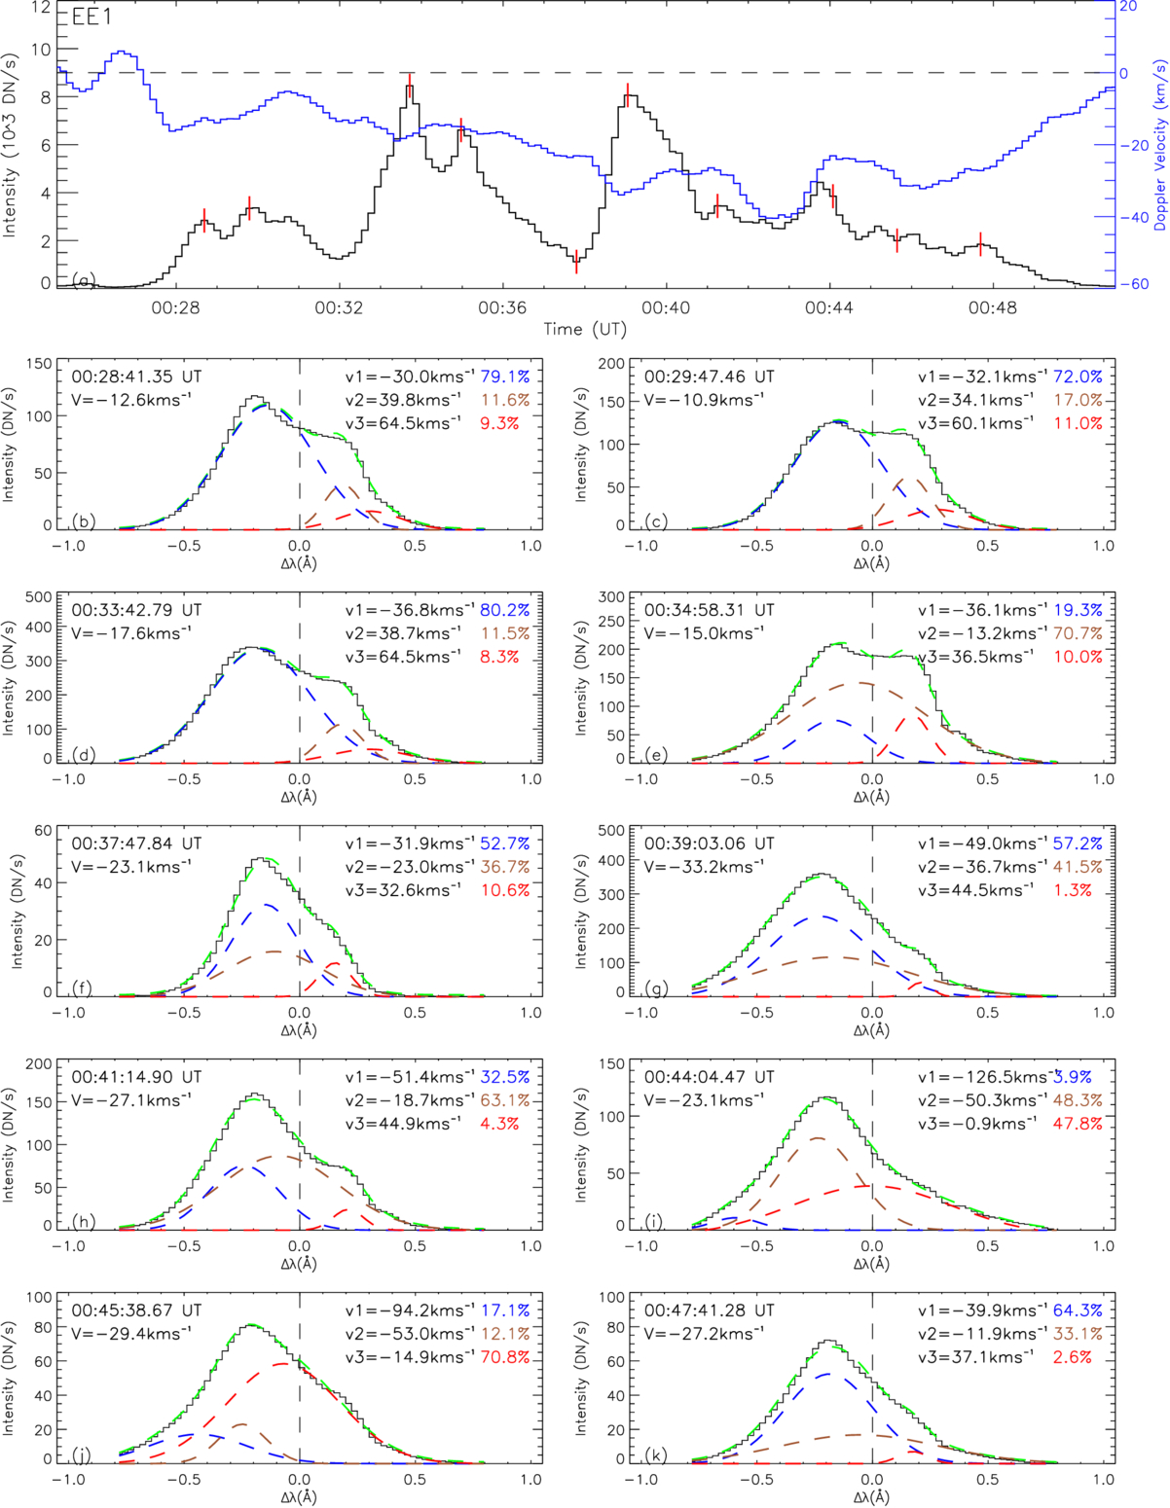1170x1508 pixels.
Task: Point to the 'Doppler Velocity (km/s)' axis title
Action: click(1159, 146)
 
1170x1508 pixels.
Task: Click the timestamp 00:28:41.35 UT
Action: click(136, 377)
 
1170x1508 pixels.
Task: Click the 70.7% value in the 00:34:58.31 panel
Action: click(1078, 633)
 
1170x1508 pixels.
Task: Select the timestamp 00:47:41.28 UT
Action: click(710, 1311)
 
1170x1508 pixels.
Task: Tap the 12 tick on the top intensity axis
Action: click(40, 6)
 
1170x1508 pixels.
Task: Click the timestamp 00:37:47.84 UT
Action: click(136, 844)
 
